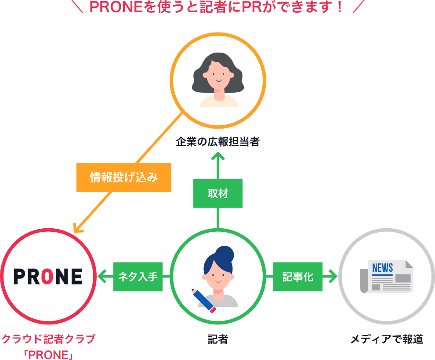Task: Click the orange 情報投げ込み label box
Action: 123,178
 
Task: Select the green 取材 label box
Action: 217,193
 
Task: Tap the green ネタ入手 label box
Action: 138,277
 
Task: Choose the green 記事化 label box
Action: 297,277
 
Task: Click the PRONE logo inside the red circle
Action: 48,277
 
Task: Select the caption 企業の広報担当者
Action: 217,142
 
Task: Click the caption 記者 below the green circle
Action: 217,339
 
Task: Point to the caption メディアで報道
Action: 387,339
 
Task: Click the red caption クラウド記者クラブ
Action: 48,339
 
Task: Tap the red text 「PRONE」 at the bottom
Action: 48,354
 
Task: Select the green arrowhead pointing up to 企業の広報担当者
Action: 217,156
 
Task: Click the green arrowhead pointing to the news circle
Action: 333,277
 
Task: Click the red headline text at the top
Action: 217,7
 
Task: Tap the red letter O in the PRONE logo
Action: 48,277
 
